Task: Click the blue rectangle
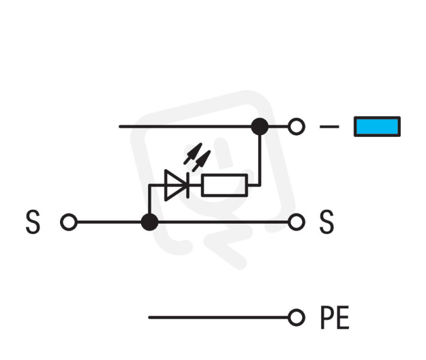[x=377, y=127]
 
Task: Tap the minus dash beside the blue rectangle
[x=329, y=127]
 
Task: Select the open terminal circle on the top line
[x=296, y=127]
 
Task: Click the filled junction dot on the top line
[x=260, y=127]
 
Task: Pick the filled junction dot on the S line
[x=149, y=222]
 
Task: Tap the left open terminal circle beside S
[x=69, y=222]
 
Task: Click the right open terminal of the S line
[x=296, y=222]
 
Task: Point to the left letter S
[x=33, y=222]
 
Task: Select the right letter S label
[x=326, y=222]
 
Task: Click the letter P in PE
[x=327, y=317]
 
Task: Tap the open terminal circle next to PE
[x=296, y=317]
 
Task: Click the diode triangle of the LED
[x=175, y=185]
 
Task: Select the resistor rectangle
[x=224, y=185]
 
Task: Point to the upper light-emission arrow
[x=193, y=154]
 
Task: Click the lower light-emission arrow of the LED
[x=202, y=161]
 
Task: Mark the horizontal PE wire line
[x=218, y=317]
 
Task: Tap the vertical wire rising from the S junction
[x=149, y=199]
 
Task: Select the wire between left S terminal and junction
[x=109, y=222]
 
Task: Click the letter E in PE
[x=343, y=317]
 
